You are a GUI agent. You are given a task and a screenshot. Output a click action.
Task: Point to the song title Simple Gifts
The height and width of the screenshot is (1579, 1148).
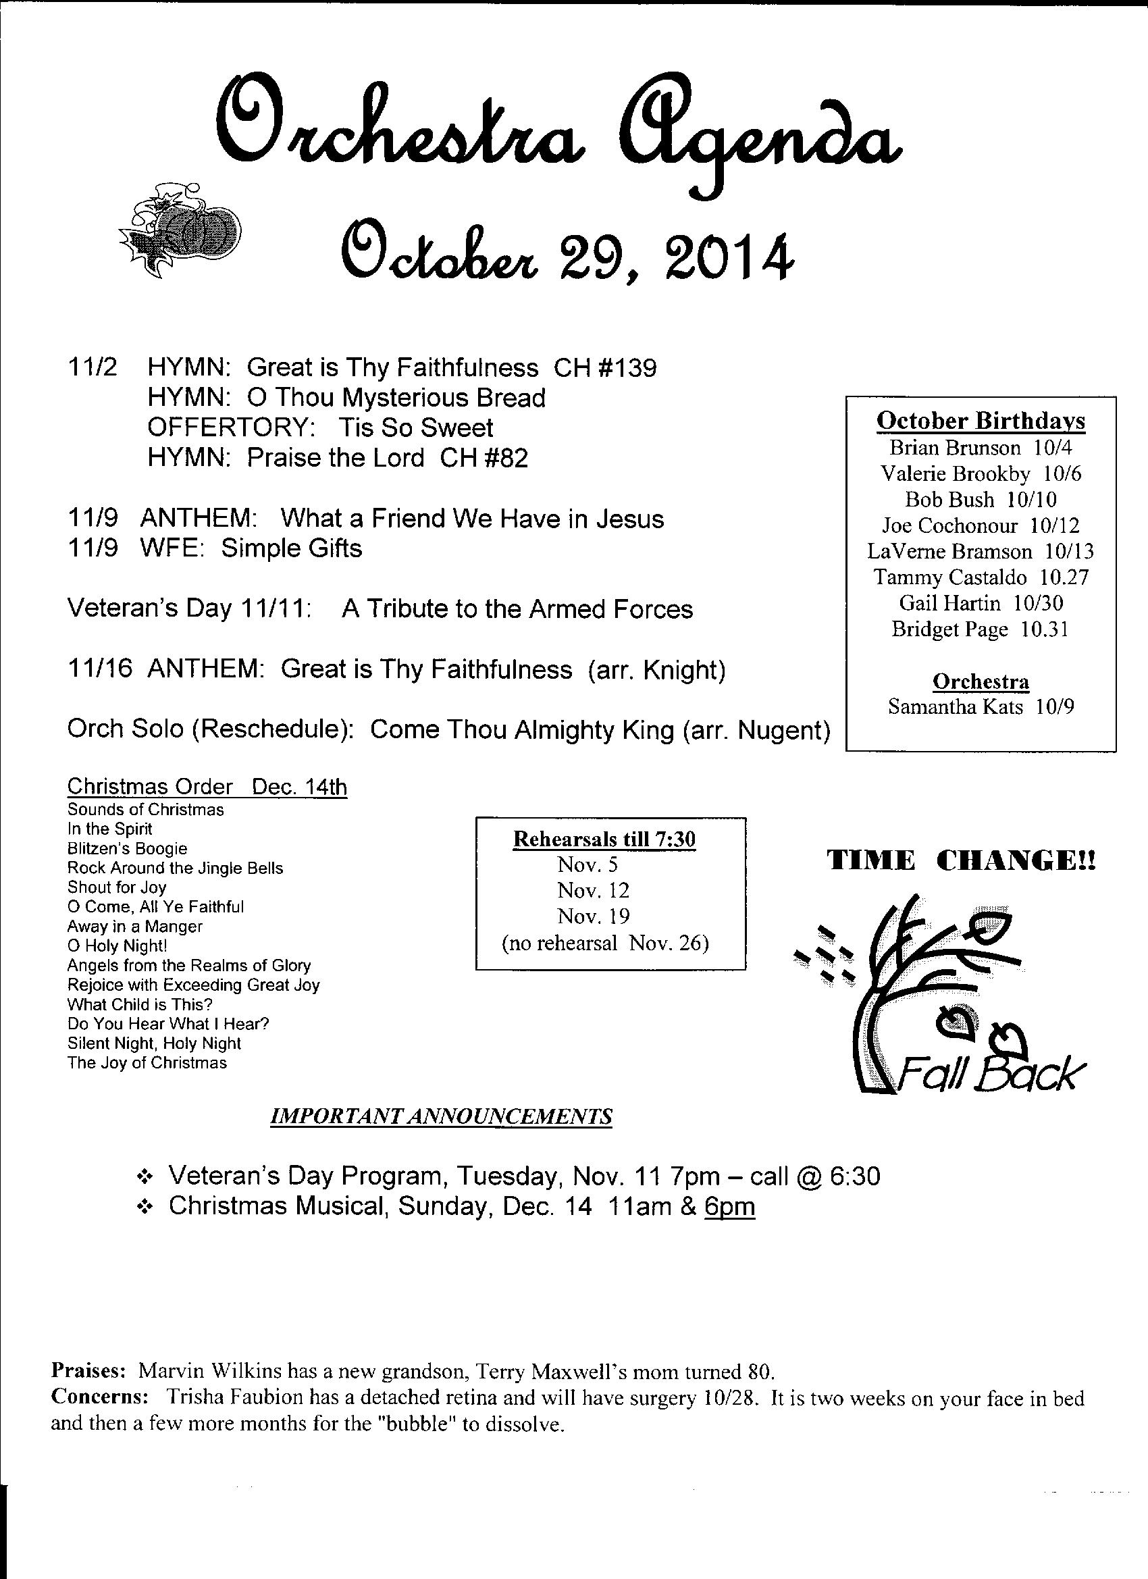[x=292, y=548]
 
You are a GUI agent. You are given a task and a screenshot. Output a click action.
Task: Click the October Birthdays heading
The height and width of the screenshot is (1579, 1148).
[x=981, y=421]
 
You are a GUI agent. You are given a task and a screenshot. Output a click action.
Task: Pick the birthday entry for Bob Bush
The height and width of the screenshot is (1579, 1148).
[x=981, y=499]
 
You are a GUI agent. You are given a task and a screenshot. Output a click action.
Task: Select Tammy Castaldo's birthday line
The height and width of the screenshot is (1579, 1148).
[x=981, y=577]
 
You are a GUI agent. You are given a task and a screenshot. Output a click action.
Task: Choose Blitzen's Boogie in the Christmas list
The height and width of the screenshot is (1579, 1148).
[x=128, y=849]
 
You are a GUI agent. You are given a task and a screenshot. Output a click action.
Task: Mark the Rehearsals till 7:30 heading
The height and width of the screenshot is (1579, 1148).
[x=604, y=839]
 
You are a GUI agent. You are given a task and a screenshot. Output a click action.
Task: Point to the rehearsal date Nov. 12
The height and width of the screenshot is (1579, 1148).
[x=593, y=890]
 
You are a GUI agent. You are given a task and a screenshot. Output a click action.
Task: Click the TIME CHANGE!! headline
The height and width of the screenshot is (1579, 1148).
[x=962, y=862]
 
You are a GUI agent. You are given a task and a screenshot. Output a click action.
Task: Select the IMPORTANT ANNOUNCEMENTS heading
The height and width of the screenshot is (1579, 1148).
[x=441, y=1117]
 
